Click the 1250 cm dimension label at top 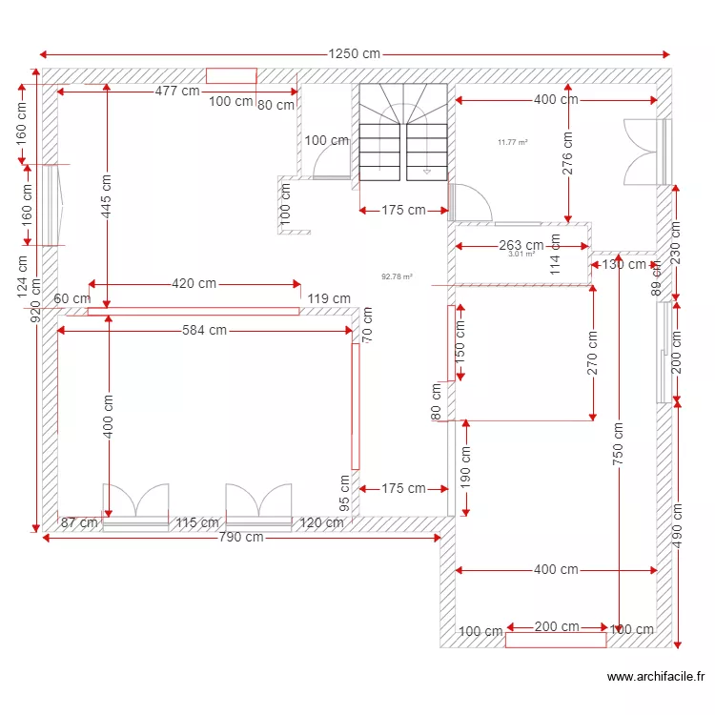click(354, 54)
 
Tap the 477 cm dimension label click(178, 92)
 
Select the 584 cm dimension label click(205, 331)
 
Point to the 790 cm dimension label click(241, 538)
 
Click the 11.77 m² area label click(513, 143)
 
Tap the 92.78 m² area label click(397, 277)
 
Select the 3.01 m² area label click(521, 255)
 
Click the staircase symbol click(402, 132)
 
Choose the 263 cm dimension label click(521, 245)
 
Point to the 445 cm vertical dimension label click(107, 195)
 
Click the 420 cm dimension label click(194, 283)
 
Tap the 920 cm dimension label click(36, 301)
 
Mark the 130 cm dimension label click(624, 265)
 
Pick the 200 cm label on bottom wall click(556, 627)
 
